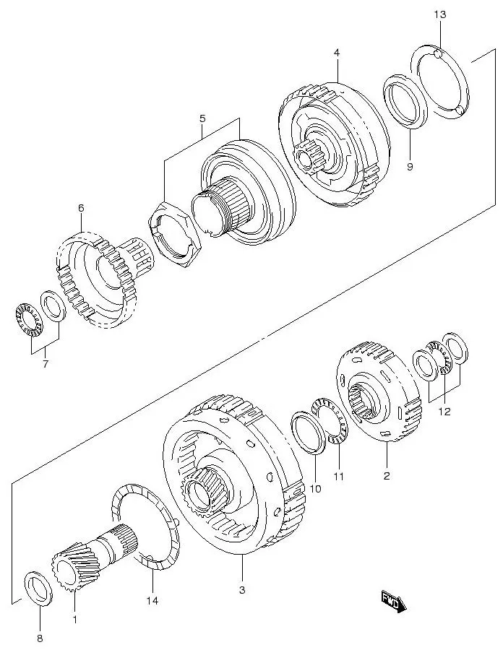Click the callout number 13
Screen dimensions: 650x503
point(440,14)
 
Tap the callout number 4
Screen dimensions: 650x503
point(337,52)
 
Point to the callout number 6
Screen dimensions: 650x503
point(81,208)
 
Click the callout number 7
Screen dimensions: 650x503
point(45,363)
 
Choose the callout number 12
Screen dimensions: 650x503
point(444,412)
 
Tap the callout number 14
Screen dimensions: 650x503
point(152,600)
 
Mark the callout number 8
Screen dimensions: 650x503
point(40,638)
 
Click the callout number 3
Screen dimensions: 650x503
point(241,590)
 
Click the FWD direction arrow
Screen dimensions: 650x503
point(393,601)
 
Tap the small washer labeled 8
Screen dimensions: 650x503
point(39,586)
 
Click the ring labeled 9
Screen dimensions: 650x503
point(406,102)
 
